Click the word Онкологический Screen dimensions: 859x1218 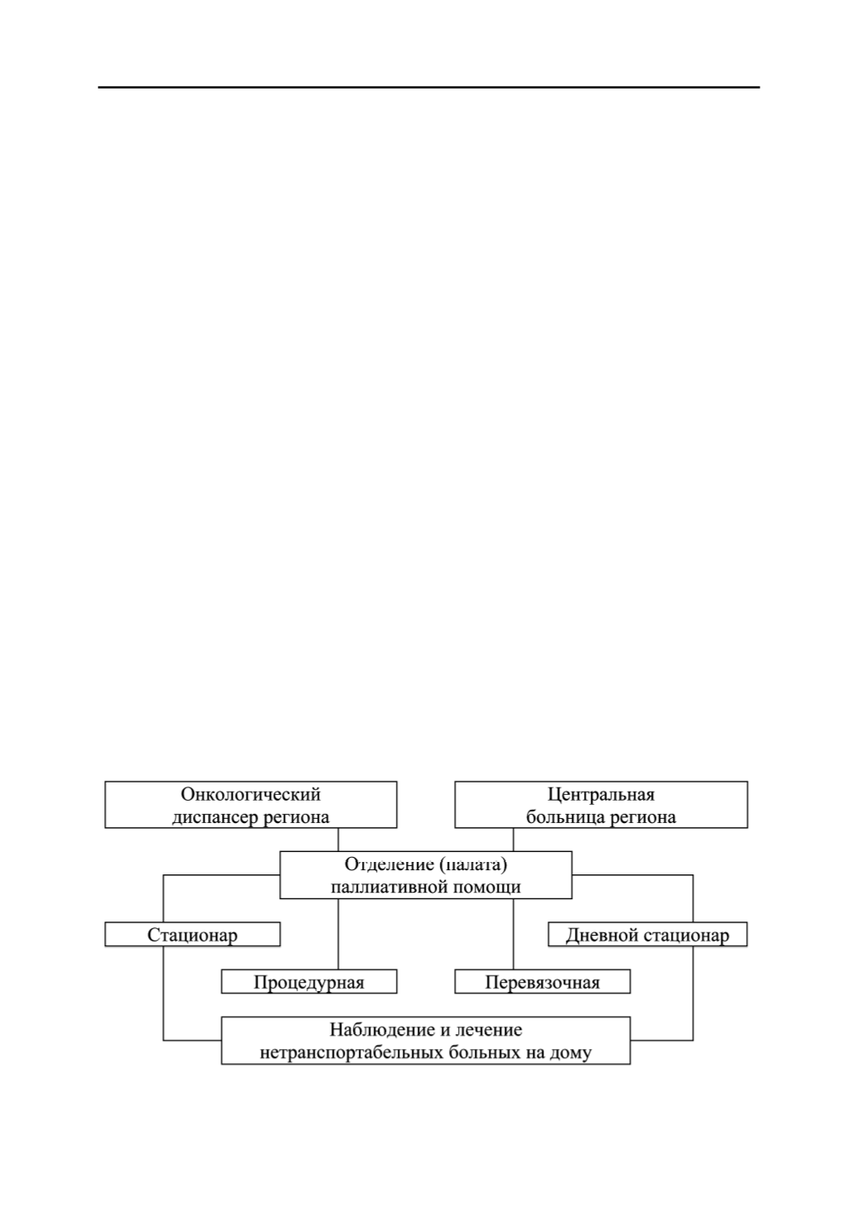250,794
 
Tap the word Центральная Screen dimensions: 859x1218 601,794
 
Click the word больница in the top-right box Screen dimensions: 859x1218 565,817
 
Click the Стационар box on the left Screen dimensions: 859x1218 192,934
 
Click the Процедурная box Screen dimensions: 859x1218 309,981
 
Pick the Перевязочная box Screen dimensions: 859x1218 543,981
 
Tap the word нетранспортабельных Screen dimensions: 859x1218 352,1052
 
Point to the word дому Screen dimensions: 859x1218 571,1053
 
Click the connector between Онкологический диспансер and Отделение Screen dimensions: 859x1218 338,840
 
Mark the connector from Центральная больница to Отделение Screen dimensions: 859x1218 514,840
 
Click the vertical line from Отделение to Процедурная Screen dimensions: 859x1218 338,934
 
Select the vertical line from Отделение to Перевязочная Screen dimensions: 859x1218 514,934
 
